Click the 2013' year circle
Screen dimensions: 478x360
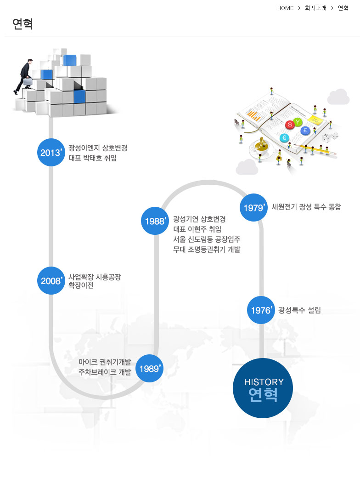(x=51, y=152)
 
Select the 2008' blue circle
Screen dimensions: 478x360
(x=51, y=280)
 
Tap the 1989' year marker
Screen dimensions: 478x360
(x=150, y=369)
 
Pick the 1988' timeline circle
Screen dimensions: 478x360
(x=155, y=221)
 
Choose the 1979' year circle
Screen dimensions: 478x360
(x=254, y=208)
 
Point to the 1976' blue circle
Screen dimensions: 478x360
(x=261, y=310)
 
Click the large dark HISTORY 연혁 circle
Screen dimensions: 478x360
(x=263, y=388)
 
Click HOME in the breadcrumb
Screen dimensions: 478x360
(x=285, y=8)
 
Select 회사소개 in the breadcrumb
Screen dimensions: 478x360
(x=315, y=8)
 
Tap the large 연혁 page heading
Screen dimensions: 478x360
(x=23, y=23)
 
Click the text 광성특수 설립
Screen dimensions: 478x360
(x=299, y=310)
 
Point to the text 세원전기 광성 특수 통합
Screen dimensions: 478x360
(x=306, y=207)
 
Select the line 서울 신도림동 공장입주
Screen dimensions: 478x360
(x=207, y=239)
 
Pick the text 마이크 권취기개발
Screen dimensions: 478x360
(x=105, y=362)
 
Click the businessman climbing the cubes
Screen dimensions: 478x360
(x=25, y=76)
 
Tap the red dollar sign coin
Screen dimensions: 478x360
(x=290, y=125)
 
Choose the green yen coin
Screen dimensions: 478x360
(x=298, y=122)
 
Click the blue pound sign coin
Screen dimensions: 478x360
(x=305, y=131)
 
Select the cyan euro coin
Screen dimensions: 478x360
(x=284, y=137)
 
